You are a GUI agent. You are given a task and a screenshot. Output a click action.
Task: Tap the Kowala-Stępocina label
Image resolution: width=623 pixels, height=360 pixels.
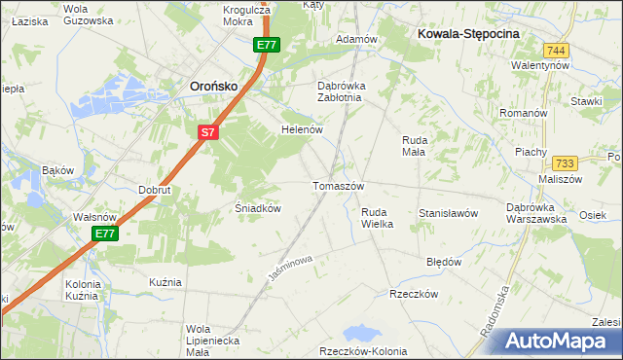point(468,33)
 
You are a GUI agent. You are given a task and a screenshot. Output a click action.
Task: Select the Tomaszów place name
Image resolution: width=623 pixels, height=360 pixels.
point(338,186)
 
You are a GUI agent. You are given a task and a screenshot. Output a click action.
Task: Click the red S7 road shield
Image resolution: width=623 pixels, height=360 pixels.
point(207,132)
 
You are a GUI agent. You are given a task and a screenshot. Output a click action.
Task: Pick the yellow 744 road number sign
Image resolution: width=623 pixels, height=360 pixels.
point(556,51)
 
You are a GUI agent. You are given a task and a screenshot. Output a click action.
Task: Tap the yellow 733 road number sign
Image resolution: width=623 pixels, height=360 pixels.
point(564,163)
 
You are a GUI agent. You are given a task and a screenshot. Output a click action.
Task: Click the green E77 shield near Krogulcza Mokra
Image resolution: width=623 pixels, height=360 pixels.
point(267,45)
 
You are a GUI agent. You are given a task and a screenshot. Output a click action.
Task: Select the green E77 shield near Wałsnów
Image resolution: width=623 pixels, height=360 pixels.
point(105,234)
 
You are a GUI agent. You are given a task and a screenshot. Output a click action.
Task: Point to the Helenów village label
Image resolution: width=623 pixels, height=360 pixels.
point(301,129)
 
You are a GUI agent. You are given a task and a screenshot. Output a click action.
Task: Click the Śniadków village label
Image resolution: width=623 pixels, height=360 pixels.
point(259,208)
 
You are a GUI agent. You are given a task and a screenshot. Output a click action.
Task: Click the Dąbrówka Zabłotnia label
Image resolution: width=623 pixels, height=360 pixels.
point(340,90)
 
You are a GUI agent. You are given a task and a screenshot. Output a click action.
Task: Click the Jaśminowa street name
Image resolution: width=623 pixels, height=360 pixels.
point(288,268)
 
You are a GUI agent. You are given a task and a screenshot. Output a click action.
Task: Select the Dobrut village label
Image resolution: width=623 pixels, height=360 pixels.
point(155,190)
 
